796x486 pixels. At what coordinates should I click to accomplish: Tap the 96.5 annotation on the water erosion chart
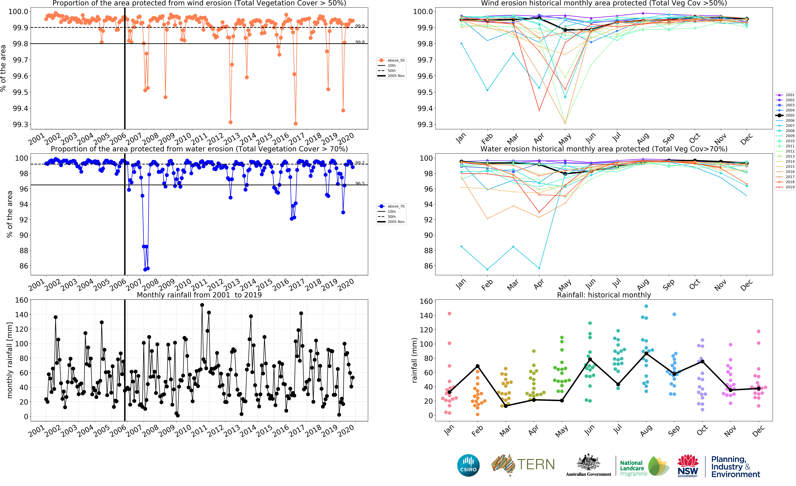pos(360,183)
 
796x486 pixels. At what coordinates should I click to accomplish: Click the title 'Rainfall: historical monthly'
pos(604,295)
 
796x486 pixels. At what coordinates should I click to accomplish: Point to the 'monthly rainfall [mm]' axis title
pos(10,360)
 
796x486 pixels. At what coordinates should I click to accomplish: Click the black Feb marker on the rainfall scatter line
pos(477,366)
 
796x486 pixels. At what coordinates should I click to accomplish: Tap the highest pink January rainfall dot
pos(449,314)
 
